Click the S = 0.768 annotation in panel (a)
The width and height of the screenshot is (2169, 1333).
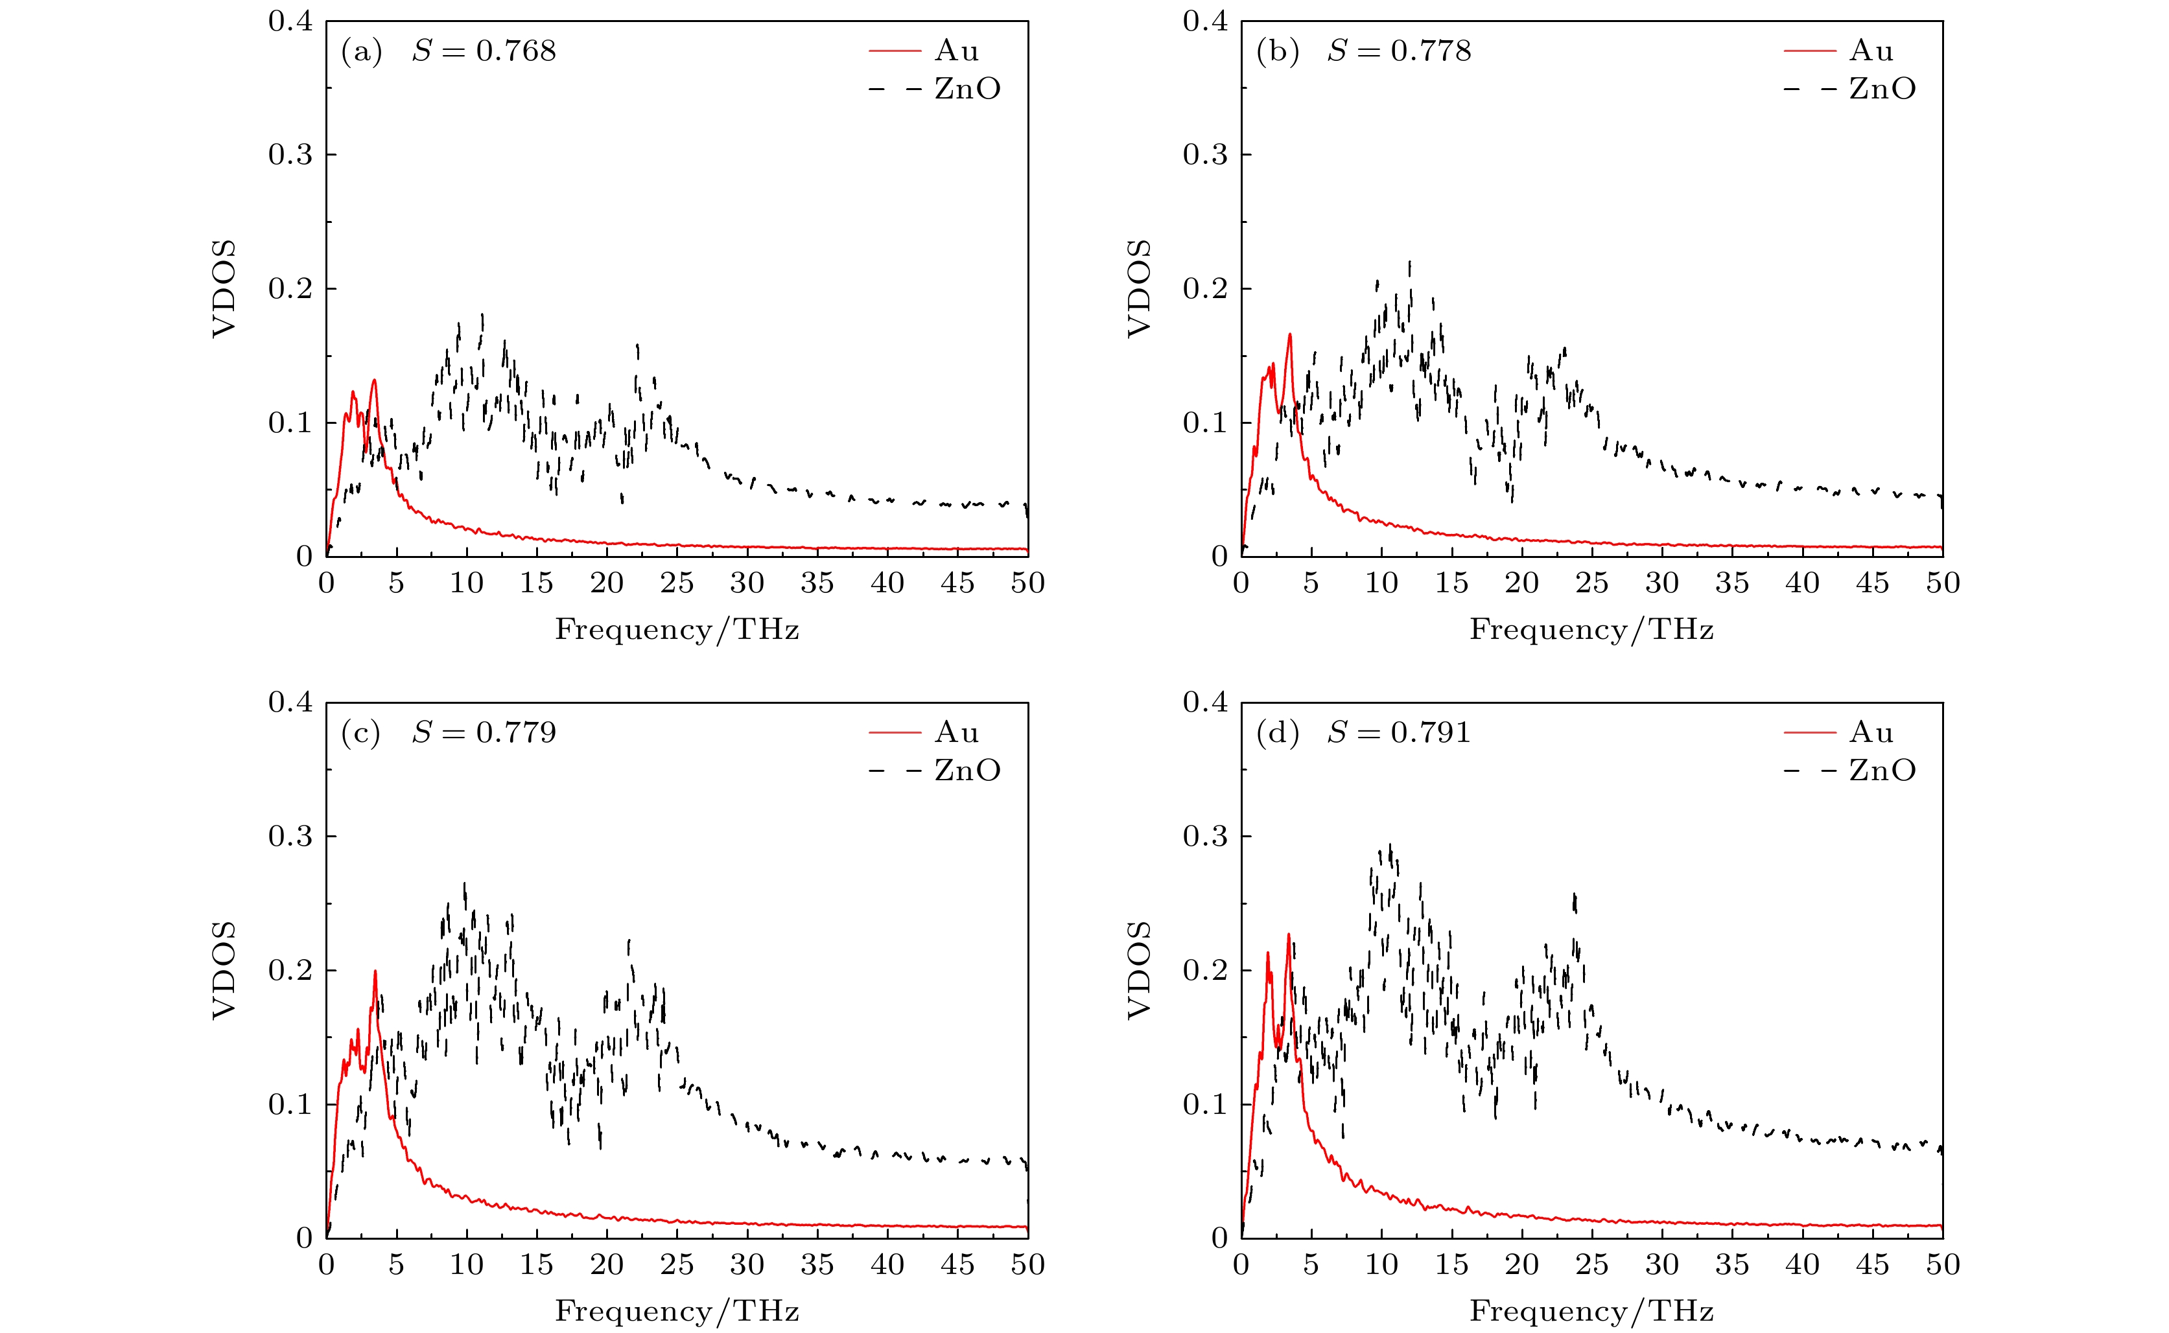click(484, 51)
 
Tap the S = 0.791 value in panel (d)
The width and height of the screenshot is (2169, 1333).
click(1400, 733)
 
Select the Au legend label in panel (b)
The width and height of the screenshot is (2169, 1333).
click(1871, 51)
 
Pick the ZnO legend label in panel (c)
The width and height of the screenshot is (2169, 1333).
click(967, 771)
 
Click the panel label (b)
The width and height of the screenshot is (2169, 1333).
click(1278, 52)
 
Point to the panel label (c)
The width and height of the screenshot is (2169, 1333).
click(360, 734)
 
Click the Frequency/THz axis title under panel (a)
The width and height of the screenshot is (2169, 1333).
click(676, 629)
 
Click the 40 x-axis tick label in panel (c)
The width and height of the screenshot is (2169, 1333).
click(887, 1265)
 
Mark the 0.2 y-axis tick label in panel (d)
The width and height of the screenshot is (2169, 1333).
click(1205, 971)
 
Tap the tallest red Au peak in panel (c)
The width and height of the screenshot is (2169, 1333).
click(375, 971)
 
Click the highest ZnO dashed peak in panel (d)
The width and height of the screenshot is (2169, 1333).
click(1390, 846)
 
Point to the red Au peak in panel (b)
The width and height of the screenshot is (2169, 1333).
click(1289, 334)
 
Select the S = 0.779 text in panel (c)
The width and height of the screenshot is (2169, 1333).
click(484, 733)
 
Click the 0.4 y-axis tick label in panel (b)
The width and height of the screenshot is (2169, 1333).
click(1205, 21)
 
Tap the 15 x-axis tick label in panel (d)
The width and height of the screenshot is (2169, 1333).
click(1451, 1265)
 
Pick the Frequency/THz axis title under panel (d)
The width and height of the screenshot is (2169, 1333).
click(1591, 1311)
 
